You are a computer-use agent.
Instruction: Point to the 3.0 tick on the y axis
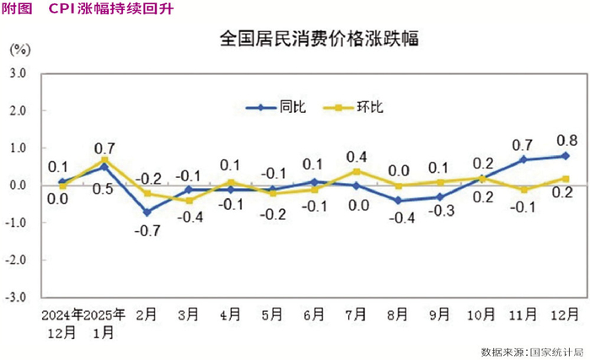pos(19,73)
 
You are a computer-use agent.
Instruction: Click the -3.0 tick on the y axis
pos(17,298)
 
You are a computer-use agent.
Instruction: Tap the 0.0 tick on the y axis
pos(19,185)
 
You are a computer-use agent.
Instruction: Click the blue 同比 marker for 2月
pos(147,212)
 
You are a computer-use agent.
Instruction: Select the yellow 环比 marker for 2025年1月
pos(105,159)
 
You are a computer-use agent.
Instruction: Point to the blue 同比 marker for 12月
pos(566,156)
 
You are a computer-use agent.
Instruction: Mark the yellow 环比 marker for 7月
pos(356,170)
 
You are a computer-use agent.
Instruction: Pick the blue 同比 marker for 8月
pos(398,201)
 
